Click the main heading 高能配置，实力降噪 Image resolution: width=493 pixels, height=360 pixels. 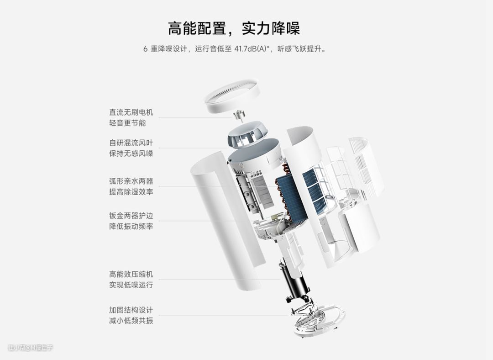(234, 28)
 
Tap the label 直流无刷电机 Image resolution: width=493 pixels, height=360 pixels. (131, 112)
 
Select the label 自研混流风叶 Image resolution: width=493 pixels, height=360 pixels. (131, 143)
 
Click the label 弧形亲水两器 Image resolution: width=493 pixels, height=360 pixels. (131, 181)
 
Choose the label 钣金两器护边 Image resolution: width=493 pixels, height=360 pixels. (131, 216)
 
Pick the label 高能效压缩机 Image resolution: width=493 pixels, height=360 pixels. (131, 274)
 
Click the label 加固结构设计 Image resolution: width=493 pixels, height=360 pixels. (131, 310)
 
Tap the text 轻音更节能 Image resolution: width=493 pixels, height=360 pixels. (127, 123)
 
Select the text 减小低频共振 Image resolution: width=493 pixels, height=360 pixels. (131, 321)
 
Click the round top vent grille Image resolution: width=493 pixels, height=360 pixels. (232, 95)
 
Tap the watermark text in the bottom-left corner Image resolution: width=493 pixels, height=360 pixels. (31, 347)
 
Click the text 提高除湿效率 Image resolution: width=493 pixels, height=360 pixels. (131, 191)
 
